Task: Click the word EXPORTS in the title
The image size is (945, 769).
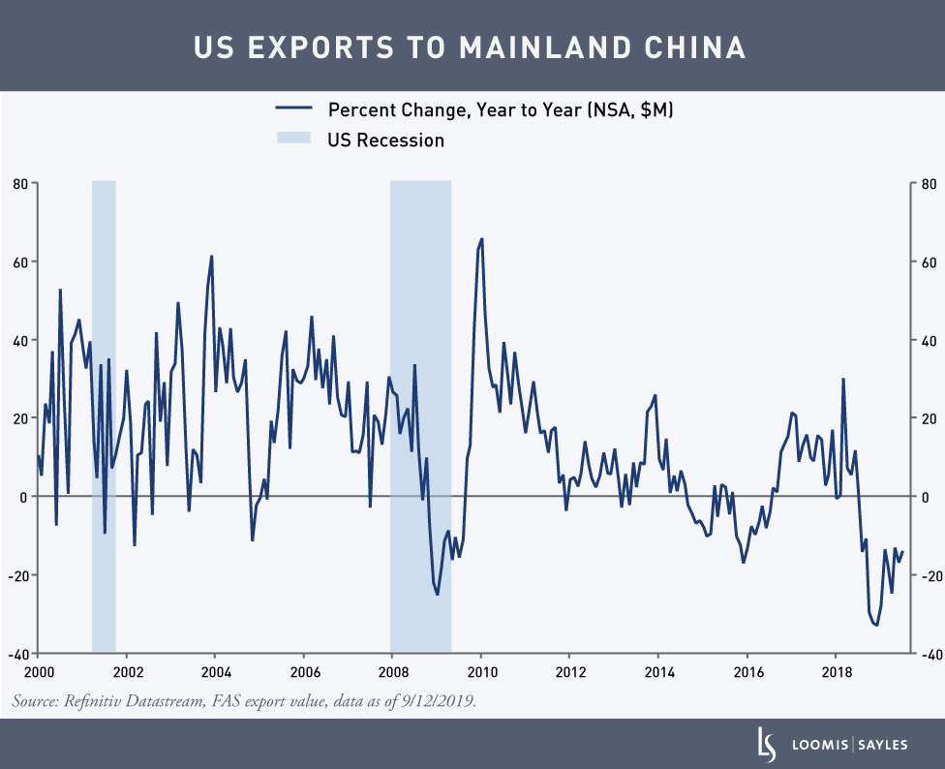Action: [323, 46]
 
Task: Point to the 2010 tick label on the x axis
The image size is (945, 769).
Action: [481, 672]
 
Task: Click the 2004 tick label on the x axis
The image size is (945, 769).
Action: [215, 672]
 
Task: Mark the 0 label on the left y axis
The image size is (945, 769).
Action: [25, 497]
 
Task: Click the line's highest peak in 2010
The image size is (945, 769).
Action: [481, 238]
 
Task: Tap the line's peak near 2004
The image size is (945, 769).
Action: [211, 257]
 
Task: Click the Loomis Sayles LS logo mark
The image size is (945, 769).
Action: [766, 743]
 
